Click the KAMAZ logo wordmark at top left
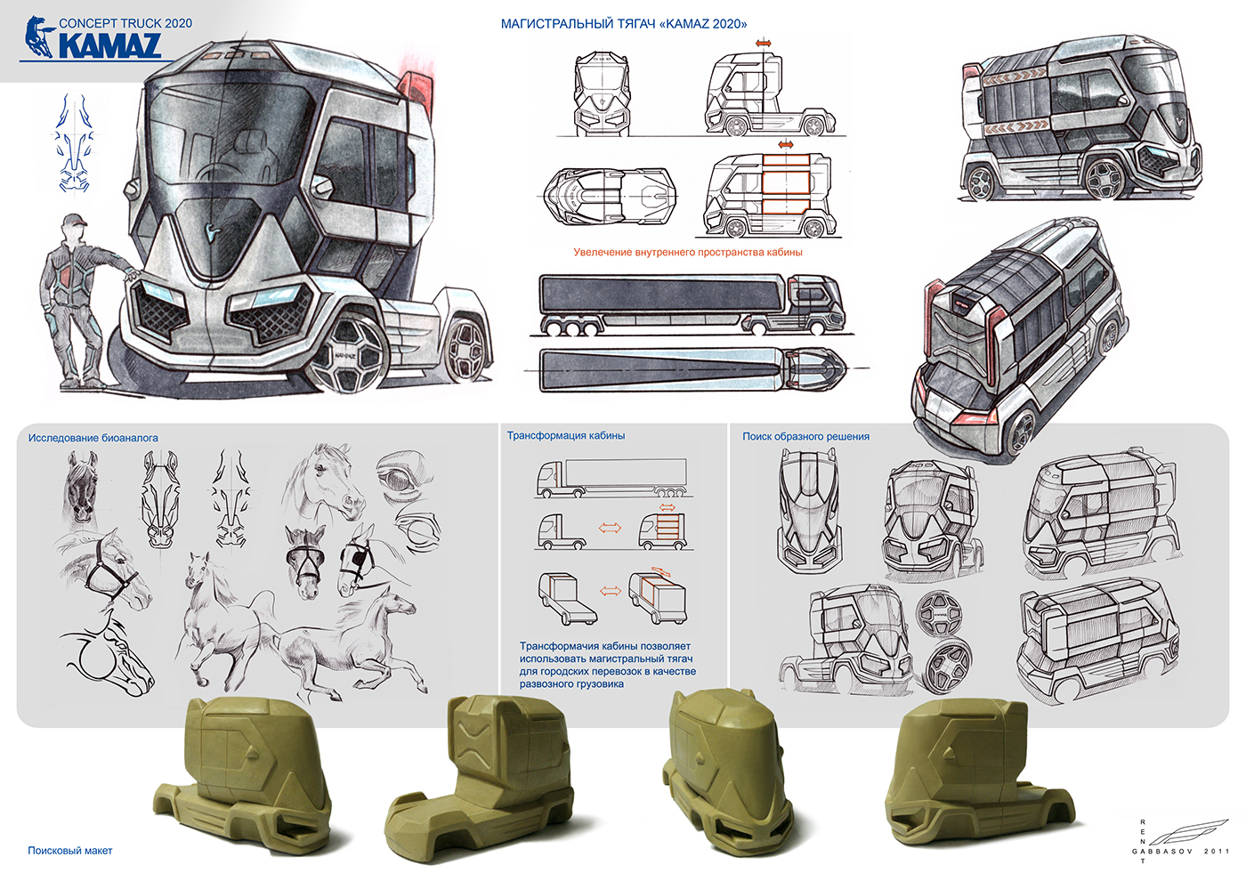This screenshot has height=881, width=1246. point(109,44)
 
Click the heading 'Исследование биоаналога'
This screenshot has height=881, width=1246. point(93,438)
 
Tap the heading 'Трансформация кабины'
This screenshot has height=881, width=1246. point(566,435)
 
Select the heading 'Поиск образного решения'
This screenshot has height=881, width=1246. point(805,437)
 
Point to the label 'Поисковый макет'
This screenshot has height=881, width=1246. point(70,851)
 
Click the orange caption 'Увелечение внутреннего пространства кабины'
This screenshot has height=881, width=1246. point(687,252)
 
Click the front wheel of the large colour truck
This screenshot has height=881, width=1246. point(345,354)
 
